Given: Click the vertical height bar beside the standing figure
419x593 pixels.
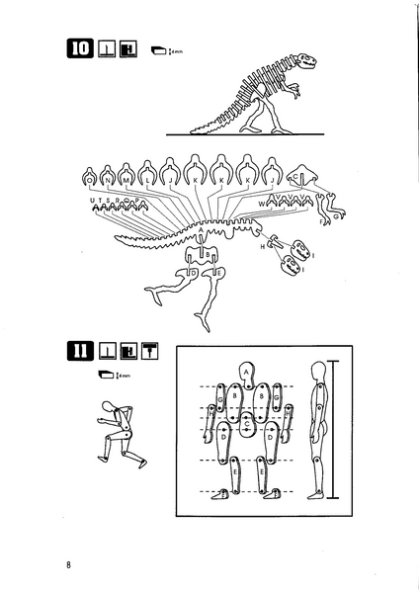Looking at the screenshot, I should (335, 431).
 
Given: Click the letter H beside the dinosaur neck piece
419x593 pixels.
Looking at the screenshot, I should (264, 248).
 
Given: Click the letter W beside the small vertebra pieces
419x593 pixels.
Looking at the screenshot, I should (261, 204).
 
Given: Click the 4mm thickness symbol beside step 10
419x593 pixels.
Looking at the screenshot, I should (162, 49).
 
